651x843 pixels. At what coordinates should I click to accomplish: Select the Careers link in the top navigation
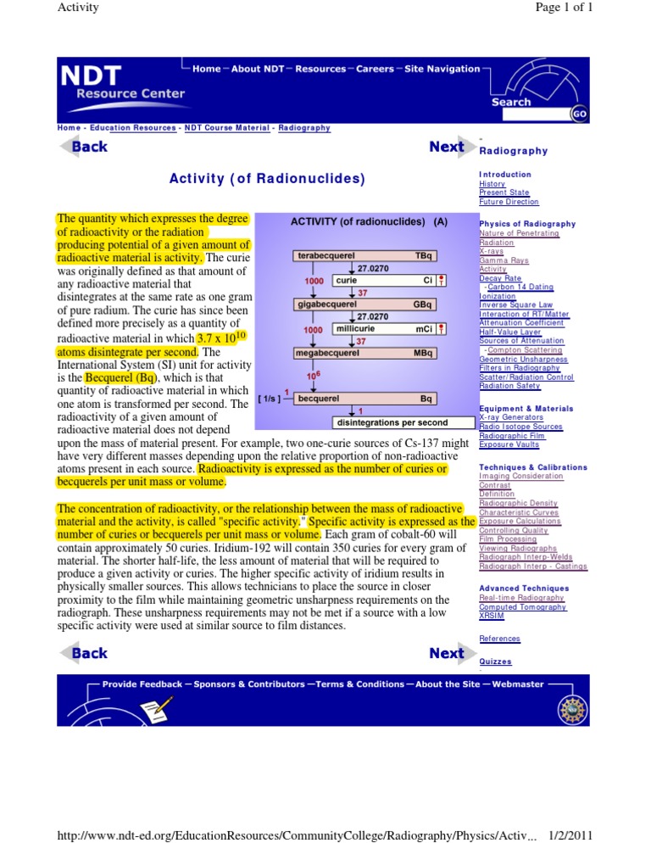375,69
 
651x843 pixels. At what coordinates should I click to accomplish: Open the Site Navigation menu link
442,69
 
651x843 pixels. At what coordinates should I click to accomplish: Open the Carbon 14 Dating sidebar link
519,287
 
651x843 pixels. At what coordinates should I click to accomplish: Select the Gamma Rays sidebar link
504,260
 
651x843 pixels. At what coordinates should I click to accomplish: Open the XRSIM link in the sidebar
492,617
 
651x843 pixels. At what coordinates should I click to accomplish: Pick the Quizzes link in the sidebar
495,662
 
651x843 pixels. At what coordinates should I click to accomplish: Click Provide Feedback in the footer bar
142,684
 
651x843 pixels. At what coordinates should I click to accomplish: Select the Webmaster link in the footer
517,684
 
